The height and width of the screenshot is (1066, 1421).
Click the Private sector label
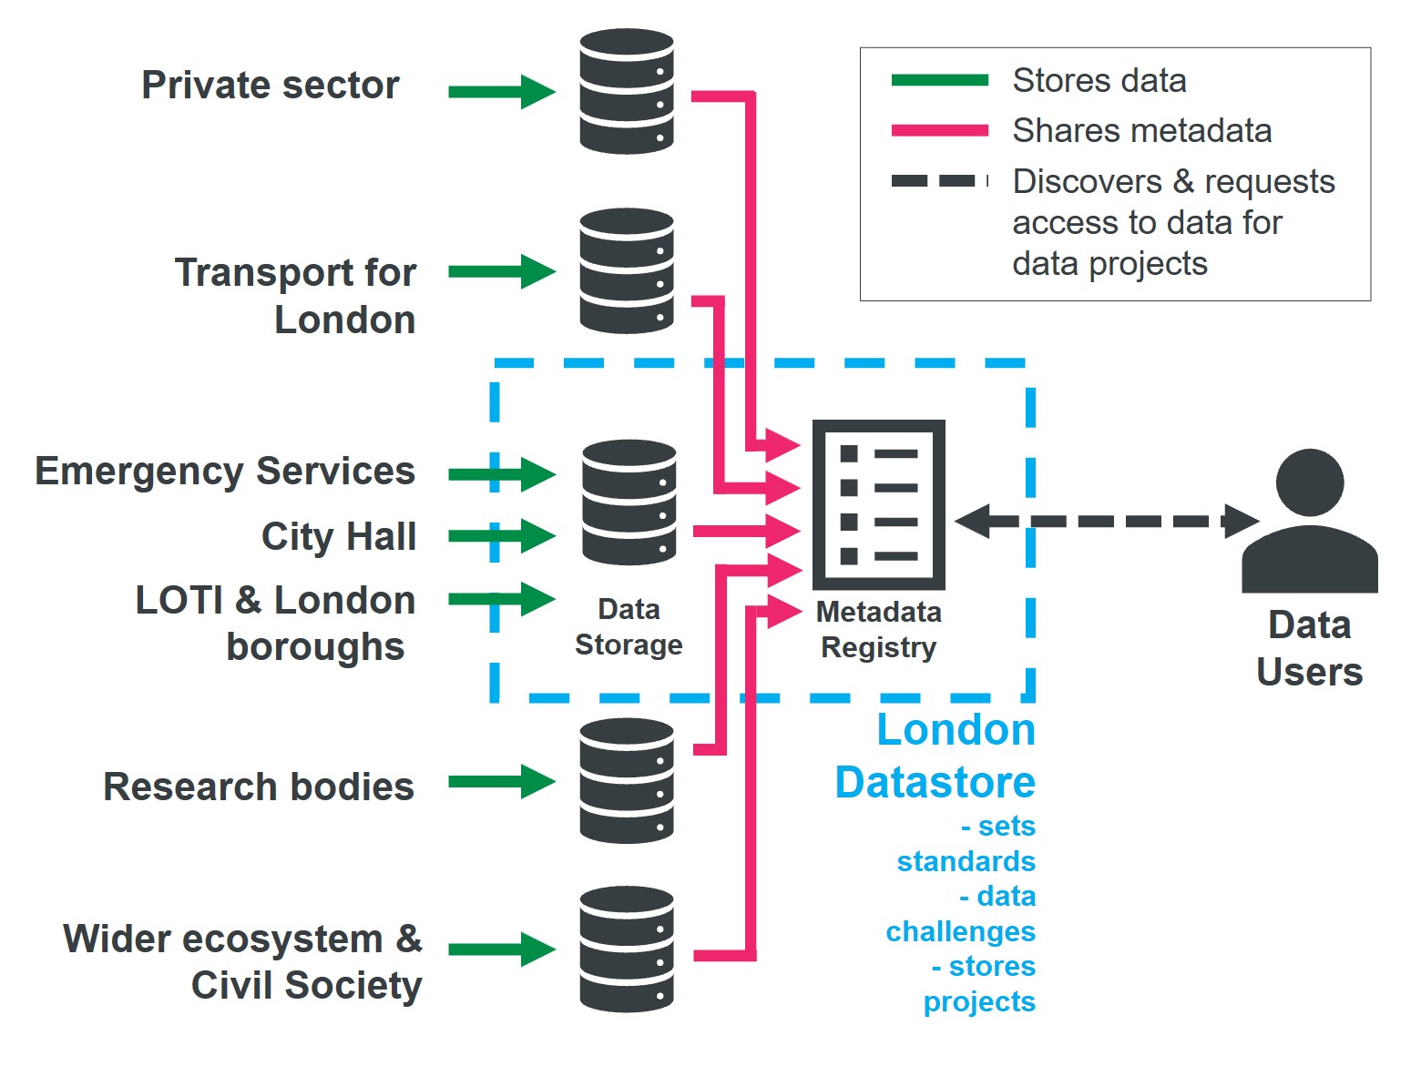271,86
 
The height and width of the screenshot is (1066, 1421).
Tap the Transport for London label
296,296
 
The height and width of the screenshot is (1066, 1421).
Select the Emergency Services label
225,472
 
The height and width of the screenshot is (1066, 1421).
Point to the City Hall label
339,536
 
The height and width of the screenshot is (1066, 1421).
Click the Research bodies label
259,787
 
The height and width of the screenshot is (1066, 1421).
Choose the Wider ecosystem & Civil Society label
243,962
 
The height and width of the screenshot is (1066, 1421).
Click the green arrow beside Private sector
501,91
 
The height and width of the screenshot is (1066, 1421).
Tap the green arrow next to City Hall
501,535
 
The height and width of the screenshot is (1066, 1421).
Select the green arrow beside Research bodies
501,781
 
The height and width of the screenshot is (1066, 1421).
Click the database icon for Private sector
627,91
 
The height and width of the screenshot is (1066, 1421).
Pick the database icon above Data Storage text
629,503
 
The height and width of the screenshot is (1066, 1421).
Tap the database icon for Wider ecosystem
627,949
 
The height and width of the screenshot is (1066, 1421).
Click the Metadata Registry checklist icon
878,504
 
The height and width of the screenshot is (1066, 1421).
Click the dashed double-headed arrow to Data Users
1106,522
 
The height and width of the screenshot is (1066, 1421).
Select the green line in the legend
939,80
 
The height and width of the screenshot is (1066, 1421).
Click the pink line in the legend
939,131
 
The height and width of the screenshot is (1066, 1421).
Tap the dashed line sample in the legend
939,181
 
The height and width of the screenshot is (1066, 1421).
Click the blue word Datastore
935,783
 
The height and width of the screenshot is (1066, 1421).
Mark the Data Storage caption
629,626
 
